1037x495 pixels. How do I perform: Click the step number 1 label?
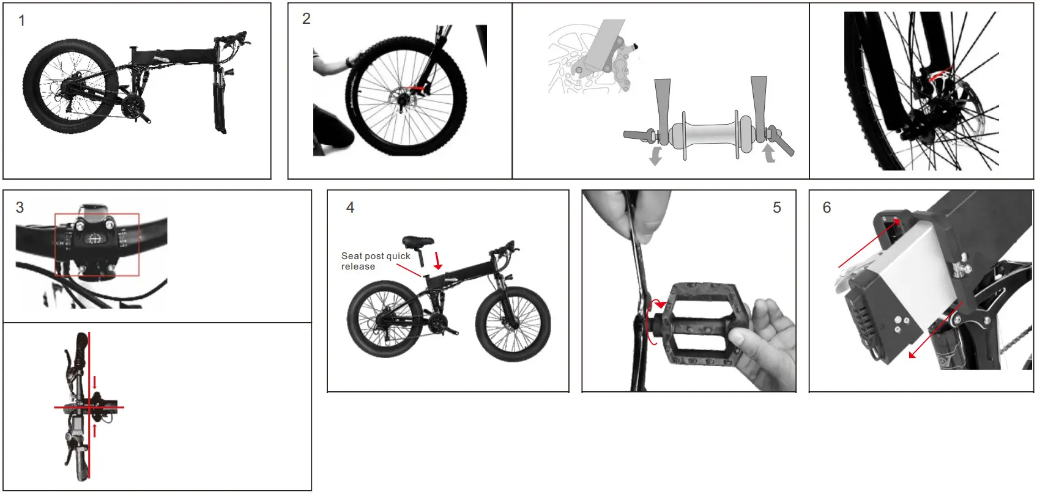click(22, 21)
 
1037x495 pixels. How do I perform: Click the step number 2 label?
click(307, 19)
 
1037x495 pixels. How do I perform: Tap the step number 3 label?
click(20, 208)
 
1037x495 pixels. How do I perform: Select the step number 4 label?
click(350, 208)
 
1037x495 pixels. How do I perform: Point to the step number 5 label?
click(776, 208)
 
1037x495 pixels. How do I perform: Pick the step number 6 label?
click(827, 208)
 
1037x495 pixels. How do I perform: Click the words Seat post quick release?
click(374, 261)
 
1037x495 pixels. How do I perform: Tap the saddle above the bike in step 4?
click(417, 241)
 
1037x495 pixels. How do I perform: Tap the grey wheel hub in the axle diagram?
click(710, 134)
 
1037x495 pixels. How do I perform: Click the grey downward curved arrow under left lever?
click(656, 155)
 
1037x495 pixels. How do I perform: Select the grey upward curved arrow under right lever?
click(768, 152)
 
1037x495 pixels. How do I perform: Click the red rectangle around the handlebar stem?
click(97, 244)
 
